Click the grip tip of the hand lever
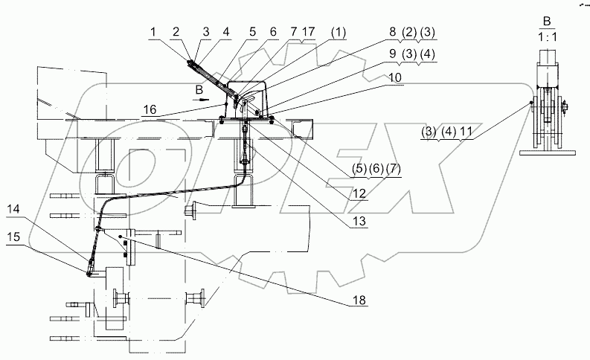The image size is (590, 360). coord(193,65)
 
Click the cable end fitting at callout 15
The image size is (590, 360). coord(89,274)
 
